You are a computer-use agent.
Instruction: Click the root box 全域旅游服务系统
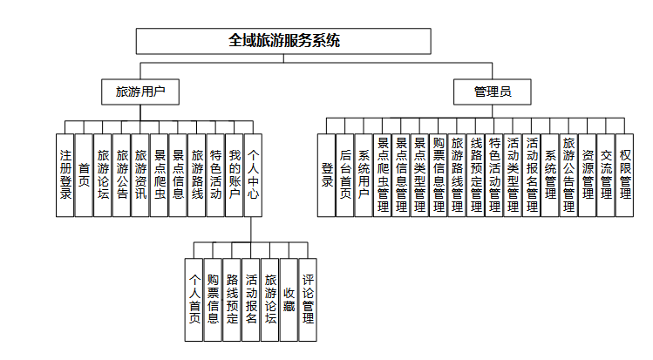tap(284, 41)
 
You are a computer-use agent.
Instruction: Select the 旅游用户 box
tap(140, 90)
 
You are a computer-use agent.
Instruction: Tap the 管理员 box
tap(493, 90)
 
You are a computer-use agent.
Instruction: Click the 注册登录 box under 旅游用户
tap(65, 174)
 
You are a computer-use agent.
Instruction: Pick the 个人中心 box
tap(253, 174)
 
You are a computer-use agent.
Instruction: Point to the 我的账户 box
tap(234, 174)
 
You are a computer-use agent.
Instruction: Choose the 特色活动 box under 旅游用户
tap(215, 174)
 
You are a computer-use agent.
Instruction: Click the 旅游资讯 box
tap(140, 174)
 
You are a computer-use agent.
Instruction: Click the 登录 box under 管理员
tap(327, 174)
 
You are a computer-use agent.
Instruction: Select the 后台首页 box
tap(345, 174)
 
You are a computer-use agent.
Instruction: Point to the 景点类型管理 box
tap(420, 174)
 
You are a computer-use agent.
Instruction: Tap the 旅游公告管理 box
tap(568, 174)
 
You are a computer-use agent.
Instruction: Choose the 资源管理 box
tap(588, 174)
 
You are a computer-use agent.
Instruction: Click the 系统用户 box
tap(364, 174)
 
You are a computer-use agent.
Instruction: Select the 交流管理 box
tap(606, 174)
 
